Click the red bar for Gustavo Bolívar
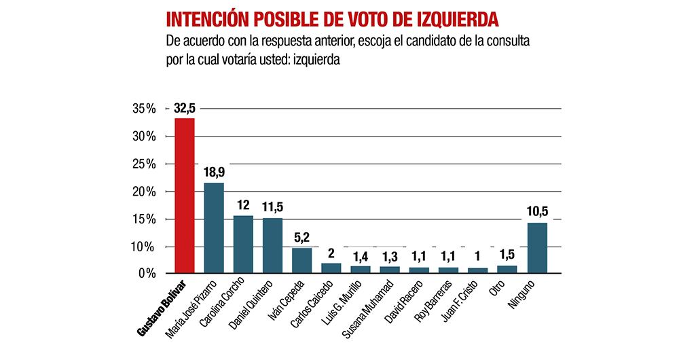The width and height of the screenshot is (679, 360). pos(185,196)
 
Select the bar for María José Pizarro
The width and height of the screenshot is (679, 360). pos(214,228)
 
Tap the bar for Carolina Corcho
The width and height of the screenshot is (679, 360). pos(243,244)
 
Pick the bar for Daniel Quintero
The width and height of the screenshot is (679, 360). pos(272,245)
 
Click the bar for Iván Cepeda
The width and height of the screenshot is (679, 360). pos(302,260)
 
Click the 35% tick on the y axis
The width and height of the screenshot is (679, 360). pos(143,109)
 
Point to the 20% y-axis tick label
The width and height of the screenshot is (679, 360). pos(143,192)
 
